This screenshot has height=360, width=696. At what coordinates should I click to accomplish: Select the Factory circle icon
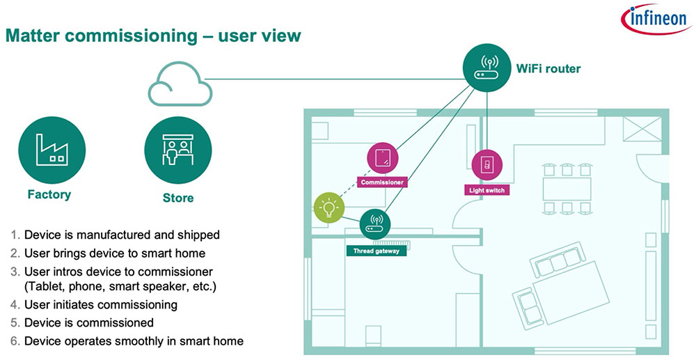(x=52, y=148)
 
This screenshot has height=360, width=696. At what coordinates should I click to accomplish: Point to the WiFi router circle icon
(x=487, y=68)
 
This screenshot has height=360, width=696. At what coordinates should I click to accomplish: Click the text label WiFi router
(x=548, y=68)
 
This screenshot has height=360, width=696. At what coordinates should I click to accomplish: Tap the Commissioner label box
(x=382, y=182)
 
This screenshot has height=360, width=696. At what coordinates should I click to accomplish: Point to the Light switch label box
(x=486, y=189)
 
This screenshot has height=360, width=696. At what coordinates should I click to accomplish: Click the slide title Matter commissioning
(x=153, y=36)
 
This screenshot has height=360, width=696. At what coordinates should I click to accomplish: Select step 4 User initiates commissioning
(x=100, y=304)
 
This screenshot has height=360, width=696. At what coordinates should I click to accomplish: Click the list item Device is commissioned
(x=88, y=322)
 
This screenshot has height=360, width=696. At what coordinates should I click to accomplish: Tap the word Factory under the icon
(x=49, y=194)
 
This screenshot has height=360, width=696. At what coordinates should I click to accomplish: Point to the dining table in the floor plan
(x=567, y=187)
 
